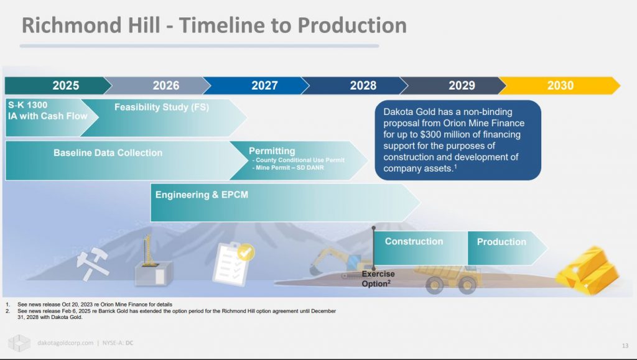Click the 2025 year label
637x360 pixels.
pos(65,86)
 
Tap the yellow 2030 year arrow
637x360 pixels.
pos(560,86)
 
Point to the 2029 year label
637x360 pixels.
pos(462,86)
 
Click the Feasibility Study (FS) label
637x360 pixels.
pos(162,107)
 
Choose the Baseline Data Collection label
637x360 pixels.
pos(108,152)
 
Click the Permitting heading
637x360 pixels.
pos(272,150)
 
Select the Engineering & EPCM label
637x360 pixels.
pos(202,195)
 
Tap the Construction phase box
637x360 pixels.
pos(421,248)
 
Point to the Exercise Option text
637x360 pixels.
pos(378,279)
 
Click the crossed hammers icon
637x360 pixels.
pos(93,264)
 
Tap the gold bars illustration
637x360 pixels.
pos(587,270)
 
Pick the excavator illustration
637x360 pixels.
pos(339,263)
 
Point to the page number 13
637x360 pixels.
pos(625,346)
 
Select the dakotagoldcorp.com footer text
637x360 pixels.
pos(65,343)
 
